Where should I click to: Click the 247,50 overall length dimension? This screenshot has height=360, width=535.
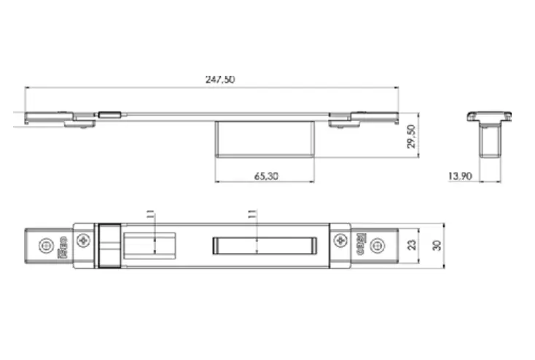point(219,79)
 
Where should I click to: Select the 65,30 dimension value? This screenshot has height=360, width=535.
point(265,176)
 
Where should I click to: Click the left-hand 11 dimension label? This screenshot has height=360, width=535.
point(150,214)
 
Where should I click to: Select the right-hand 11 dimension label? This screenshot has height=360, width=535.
point(252,214)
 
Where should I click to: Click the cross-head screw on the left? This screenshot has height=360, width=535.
point(84,240)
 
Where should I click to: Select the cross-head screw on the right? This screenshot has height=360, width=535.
point(340,240)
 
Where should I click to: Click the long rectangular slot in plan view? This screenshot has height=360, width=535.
point(264,245)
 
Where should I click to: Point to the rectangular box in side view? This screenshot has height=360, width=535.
point(265,139)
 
